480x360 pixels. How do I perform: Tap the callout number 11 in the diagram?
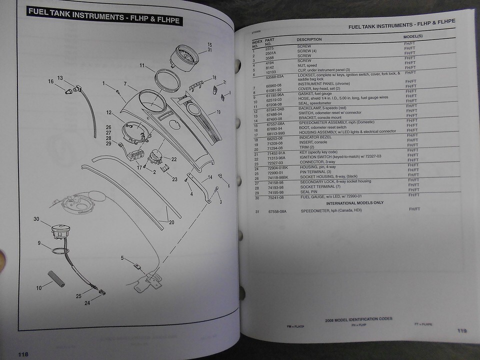click(142, 65)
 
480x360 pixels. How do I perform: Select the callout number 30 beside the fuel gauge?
click(36, 218)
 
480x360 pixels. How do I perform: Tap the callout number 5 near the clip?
click(122, 258)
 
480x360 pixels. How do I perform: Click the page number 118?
click(23, 354)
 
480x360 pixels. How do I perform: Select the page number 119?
click(462, 330)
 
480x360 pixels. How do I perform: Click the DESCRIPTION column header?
click(309, 39)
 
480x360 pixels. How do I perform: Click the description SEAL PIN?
click(310, 192)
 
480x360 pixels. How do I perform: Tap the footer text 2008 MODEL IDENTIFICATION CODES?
click(358, 319)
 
